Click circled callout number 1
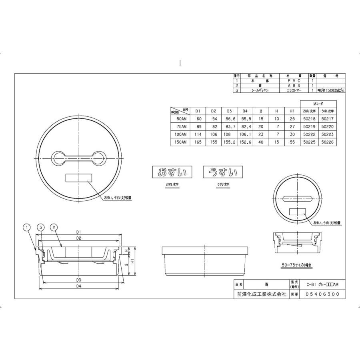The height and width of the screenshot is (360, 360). click(27, 228)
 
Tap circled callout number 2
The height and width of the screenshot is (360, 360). click(53, 228)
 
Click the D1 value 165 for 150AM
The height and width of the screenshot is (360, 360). click(197, 142)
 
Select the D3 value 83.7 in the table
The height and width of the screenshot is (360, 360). click(229, 127)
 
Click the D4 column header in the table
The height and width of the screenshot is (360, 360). click(244, 111)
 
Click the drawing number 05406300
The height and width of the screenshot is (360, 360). click(322, 294)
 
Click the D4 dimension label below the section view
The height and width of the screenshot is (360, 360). click(79, 287)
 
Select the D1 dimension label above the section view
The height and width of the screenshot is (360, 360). click(79, 232)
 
